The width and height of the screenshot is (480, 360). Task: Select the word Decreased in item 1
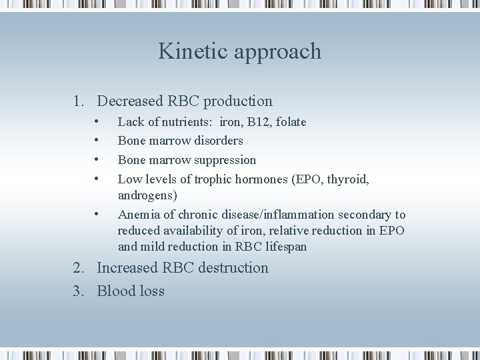click(x=130, y=101)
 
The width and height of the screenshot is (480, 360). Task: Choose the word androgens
click(x=145, y=196)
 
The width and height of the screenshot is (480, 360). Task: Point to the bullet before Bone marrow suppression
click(x=97, y=159)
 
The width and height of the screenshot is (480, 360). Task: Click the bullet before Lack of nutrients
click(x=97, y=121)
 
